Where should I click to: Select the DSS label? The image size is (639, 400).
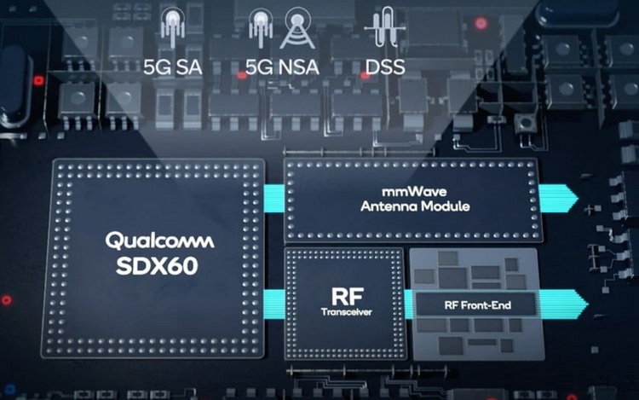click(x=384, y=66)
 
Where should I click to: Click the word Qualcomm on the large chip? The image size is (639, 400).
click(x=159, y=241)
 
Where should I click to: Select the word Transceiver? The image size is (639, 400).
click(x=345, y=313)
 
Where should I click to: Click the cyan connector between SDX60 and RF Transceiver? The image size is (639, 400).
click(x=273, y=300)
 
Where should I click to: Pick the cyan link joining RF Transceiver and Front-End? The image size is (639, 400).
click(x=408, y=302)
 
